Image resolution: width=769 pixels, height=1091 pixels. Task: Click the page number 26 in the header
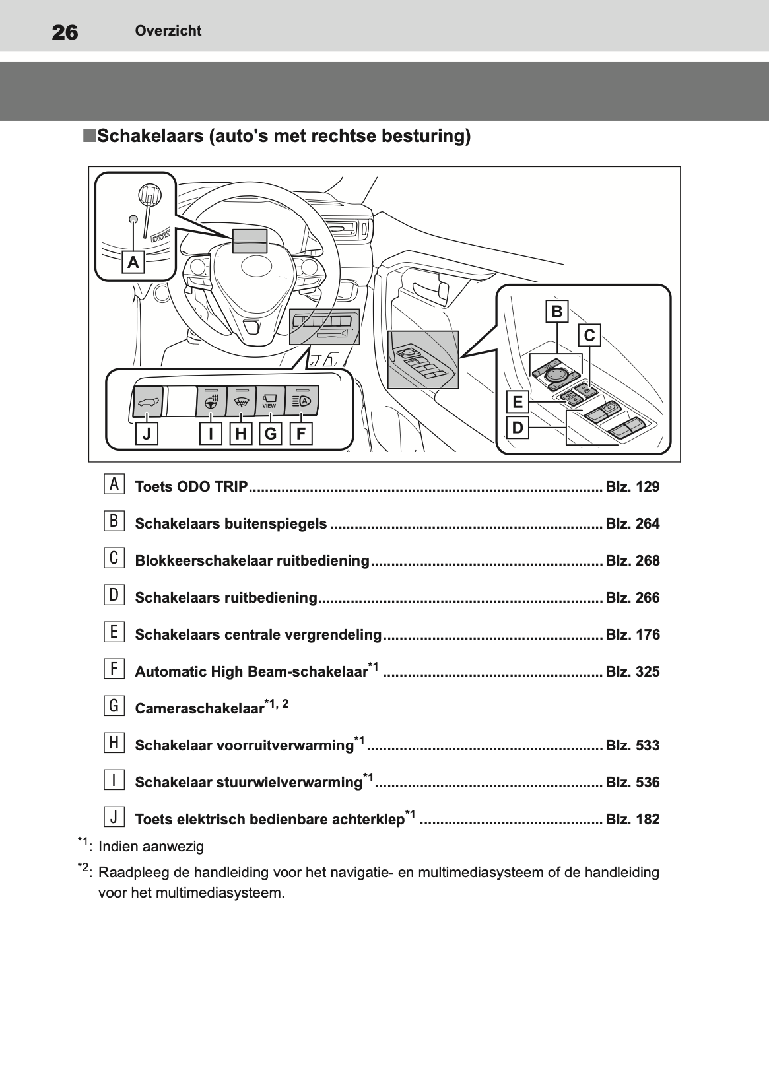pos(65,32)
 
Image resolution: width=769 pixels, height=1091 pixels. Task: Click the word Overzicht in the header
pos(168,31)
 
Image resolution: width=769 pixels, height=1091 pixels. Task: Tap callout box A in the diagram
pos(133,263)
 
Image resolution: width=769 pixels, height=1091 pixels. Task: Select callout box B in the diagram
pos(557,311)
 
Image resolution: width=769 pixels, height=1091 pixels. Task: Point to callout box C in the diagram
pos(589,335)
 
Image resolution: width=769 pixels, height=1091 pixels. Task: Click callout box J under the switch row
pos(147,434)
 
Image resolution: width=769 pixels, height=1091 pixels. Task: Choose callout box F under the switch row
pos(301,434)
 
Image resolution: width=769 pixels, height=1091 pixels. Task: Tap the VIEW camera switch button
pos(269,400)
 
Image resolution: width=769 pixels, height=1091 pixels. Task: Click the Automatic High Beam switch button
pos(302,400)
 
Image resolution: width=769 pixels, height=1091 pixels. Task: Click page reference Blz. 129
pos(632,487)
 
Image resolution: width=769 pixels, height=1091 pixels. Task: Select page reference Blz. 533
pos(632,746)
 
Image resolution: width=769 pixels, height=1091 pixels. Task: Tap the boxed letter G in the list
pos(114,706)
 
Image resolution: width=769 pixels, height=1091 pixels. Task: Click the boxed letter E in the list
pos(114,632)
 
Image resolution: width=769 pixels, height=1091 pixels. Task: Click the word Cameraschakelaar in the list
pos(199,709)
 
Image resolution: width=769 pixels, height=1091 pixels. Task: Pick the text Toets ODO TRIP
pos(191,487)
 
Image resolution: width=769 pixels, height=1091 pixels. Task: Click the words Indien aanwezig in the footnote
pos(151,847)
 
